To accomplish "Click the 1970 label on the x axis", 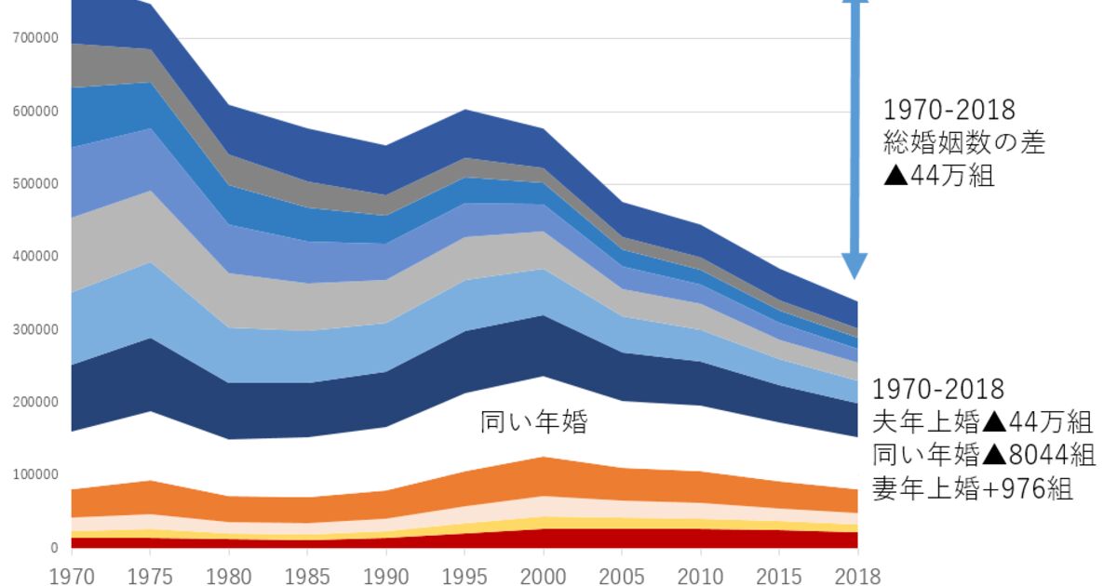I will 72,575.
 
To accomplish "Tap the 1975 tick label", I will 151,575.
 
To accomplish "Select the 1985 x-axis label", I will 308,575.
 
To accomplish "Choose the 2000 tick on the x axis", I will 544,575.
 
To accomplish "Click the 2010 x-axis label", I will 701,575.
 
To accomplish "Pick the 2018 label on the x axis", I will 856,575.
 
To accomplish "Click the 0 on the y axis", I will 55,548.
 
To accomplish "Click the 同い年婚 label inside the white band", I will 534,423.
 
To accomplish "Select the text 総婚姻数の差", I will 964,142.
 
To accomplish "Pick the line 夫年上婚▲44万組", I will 982,422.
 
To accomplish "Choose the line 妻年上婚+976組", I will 973,487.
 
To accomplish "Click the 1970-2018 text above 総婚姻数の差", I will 949,110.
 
